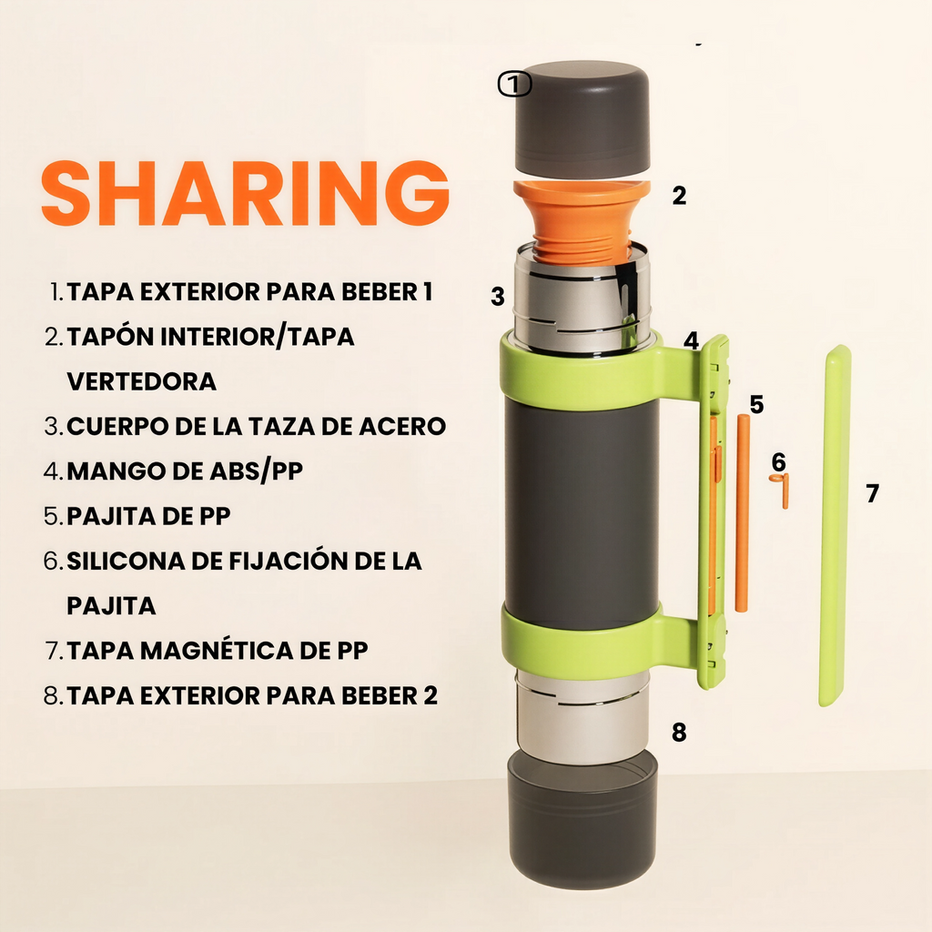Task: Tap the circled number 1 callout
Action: (x=514, y=85)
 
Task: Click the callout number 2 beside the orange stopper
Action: (x=679, y=196)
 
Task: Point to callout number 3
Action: (x=497, y=297)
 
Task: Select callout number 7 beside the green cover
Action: (x=872, y=493)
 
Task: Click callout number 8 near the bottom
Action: (x=678, y=732)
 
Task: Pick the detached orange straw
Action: (x=742, y=513)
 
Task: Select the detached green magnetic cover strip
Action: (x=835, y=526)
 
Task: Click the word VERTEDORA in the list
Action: (x=142, y=380)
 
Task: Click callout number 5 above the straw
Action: (x=756, y=404)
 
